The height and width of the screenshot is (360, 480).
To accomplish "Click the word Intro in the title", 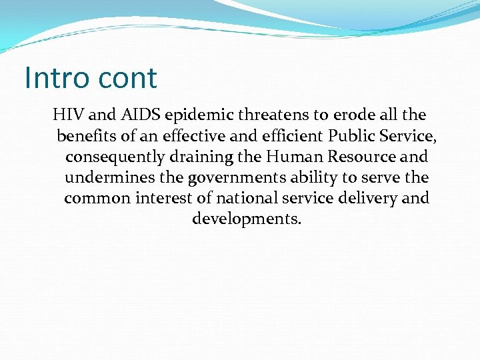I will [56, 77].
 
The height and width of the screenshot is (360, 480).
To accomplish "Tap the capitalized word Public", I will [352, 136].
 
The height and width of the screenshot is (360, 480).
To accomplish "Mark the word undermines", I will [107, 177].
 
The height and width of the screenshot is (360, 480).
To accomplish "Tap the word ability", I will [313, 178].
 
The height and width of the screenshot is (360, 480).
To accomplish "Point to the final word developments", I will [247, 219].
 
